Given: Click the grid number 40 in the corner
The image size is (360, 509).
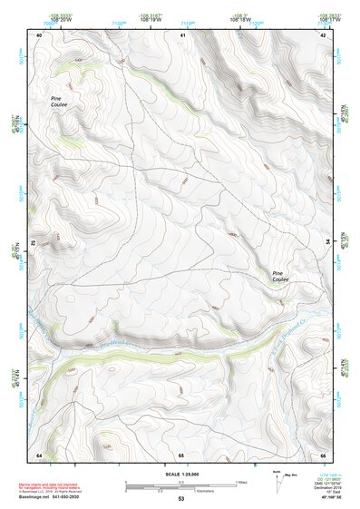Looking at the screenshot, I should click(39, 34).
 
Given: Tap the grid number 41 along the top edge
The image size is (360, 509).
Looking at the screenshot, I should click(181, 34).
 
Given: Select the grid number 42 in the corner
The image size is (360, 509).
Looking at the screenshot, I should click(324, 34).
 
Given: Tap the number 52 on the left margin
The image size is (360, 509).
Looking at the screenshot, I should click(34, 244).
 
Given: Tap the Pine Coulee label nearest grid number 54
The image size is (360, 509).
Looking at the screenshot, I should click(282, 278).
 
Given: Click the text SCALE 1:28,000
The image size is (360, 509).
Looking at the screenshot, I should click(180, 473).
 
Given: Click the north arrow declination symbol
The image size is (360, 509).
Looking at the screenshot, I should click(277, 479).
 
